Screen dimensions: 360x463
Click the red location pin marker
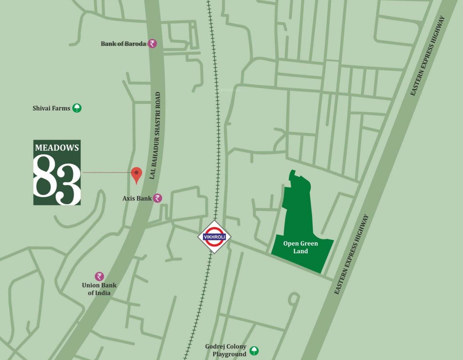point(137,174)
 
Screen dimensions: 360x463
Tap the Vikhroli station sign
point(214,237)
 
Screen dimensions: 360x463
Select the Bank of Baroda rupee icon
point(152,44)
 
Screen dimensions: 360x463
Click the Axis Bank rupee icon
point(158,198)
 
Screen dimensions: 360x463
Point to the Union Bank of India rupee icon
point(99,277)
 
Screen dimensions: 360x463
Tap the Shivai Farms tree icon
point(77,108)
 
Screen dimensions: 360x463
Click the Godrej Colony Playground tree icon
point(254,350)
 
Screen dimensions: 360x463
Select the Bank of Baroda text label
point(123,44)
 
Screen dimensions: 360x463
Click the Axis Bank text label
point(137,198)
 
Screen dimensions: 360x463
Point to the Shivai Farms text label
point(51,108)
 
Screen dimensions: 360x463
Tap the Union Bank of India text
point(99,289)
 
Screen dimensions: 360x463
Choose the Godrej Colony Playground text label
point(226,350)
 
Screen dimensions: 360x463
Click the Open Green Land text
point(301,247)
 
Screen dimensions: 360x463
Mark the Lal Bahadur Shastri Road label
point(157,135)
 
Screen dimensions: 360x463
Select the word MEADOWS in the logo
point(57,147)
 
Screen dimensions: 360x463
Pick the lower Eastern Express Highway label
point(351,255)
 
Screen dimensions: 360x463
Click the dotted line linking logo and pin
point(106,173)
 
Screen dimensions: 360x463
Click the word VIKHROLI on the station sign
point(214,237)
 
